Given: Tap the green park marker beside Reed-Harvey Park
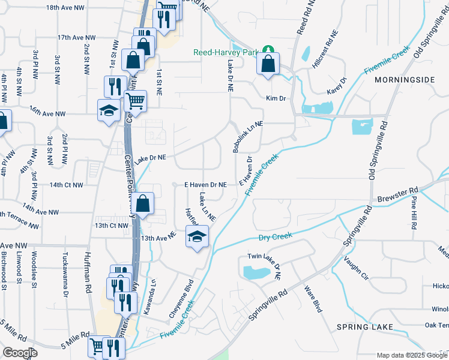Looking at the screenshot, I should coord(270,50).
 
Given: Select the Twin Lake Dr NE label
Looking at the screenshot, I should coord(270,266).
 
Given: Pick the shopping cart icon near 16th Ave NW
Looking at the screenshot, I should coord(136,101).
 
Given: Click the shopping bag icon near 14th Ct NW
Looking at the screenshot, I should coord(143,203).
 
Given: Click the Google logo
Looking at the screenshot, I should coord(20,353).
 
